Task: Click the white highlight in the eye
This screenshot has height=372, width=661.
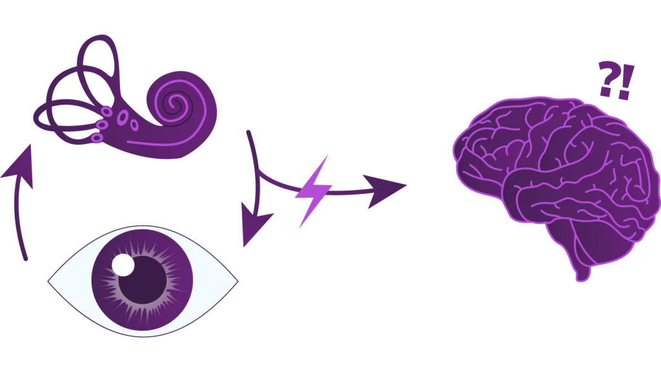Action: (x=123, y=265)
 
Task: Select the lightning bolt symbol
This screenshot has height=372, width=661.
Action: (x=312, y=191)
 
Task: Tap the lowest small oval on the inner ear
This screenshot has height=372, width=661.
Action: (x=97, y=138)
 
